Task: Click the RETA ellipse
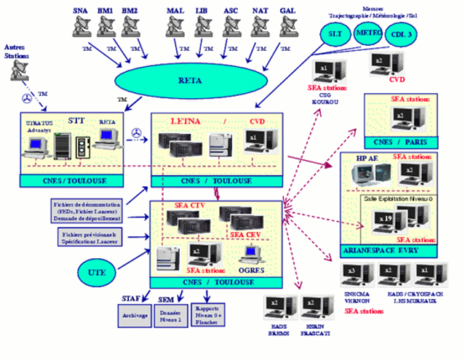click(x=184, y=79)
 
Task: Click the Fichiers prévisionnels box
click(x=95, y=237)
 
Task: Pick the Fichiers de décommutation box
click(x=94, y=211)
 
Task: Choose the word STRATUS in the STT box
click(x=39, y=122)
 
